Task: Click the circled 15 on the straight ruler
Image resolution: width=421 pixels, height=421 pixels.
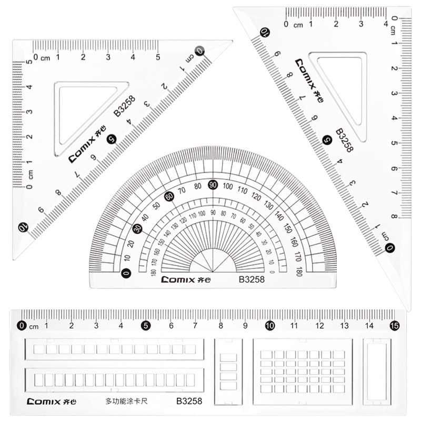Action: pos(394,326)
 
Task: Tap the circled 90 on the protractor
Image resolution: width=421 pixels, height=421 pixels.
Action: pos(213,184)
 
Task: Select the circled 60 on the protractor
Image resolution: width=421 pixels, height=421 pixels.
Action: pos(169,196)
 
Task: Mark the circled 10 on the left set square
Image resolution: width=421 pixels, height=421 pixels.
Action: pos(23,227)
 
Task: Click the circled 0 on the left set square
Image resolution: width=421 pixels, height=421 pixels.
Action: pos(199,51)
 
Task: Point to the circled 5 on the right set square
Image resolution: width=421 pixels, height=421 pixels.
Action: pos(327,139)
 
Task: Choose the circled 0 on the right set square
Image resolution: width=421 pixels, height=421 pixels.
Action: pos(389,248)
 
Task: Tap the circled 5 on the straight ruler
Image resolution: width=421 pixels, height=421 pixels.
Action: pos(145,326)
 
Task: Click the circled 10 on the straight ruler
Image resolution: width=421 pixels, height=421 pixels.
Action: pos(269,326)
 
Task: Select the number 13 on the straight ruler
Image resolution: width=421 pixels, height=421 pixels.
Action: pos(344,326)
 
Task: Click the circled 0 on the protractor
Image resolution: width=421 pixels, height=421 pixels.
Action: pos(125,273)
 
